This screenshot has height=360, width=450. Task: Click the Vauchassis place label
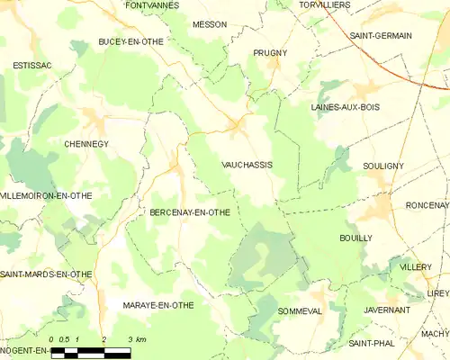point(247,165)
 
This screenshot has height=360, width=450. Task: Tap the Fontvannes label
point(152,5)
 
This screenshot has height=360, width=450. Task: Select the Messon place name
point(210,24)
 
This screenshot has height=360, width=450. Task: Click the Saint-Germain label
point(381,35)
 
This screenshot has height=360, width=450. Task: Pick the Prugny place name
point(270,53)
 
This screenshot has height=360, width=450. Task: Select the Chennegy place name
point(86,143)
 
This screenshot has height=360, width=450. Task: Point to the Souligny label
point(383,166)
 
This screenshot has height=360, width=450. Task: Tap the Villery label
point(415,268)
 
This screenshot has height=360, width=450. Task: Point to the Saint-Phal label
point(370,344)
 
